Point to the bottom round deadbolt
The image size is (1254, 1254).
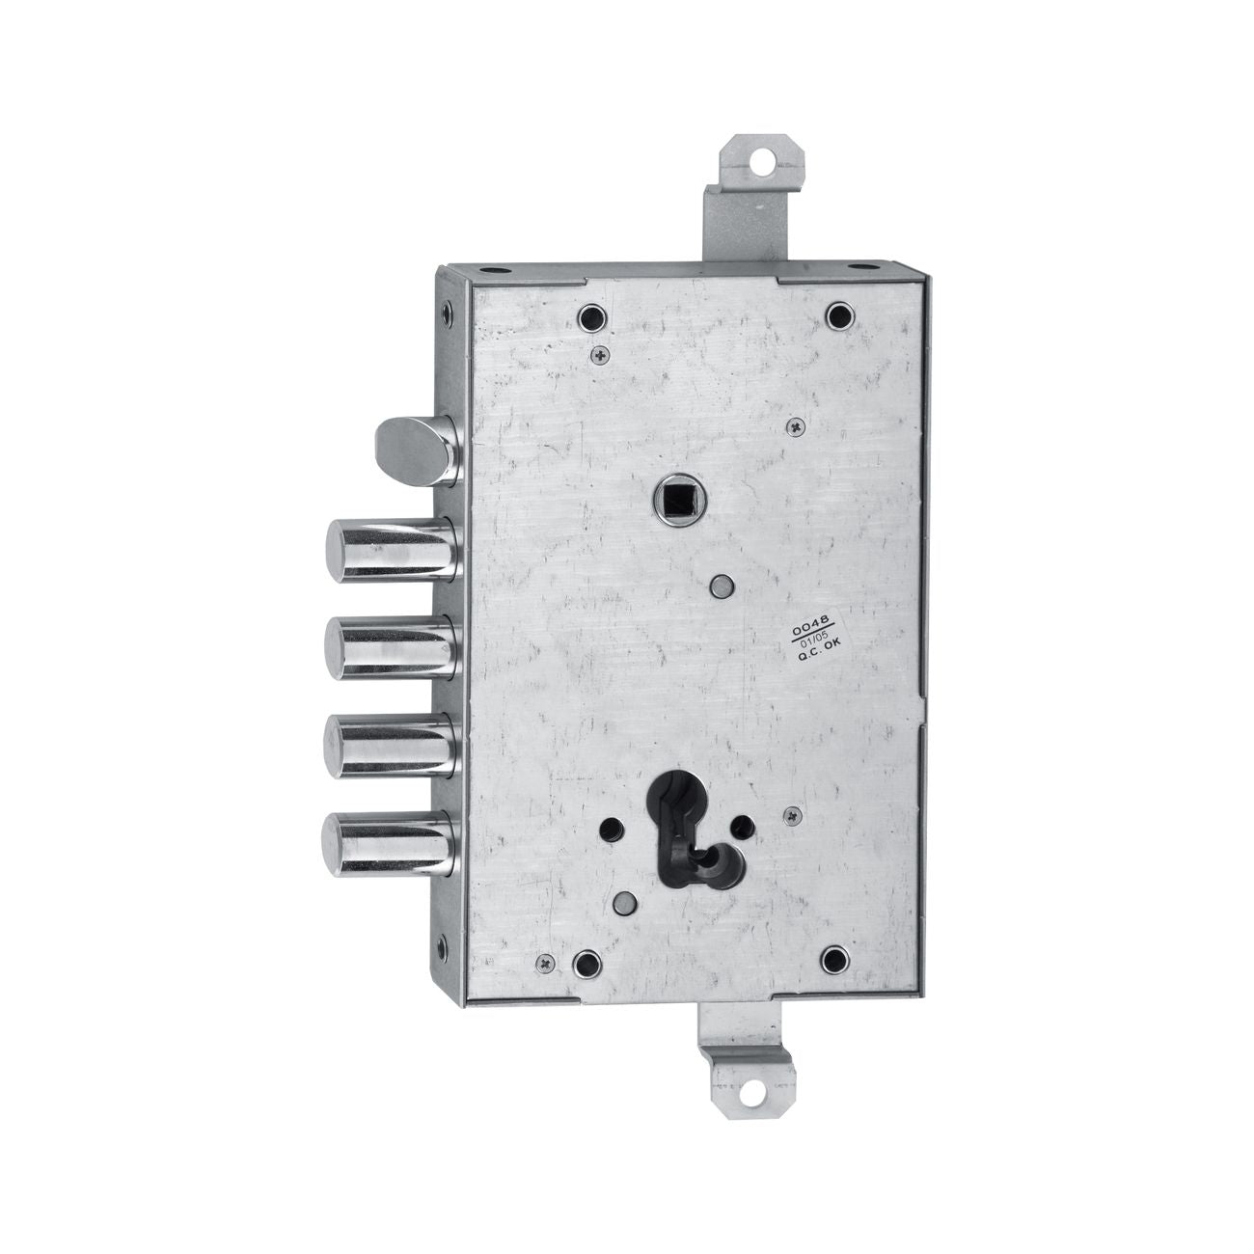pos(392,843)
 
